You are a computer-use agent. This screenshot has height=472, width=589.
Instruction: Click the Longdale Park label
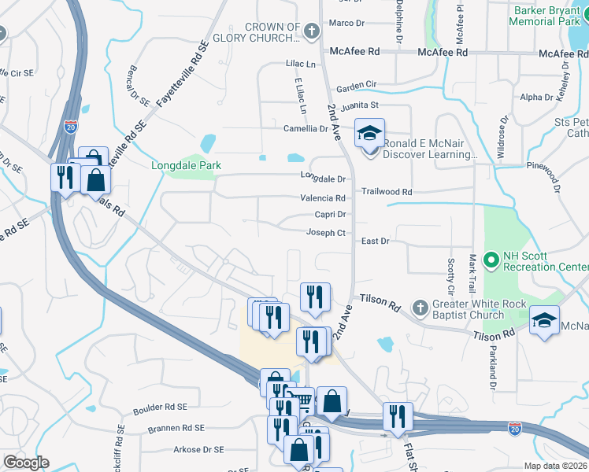(187, 165)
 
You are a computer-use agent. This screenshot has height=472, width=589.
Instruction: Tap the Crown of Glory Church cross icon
(311, 32)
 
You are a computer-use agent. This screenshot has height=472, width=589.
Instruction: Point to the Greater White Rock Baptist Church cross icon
(420, 306)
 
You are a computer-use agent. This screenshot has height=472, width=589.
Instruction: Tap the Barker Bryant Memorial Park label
(548, 16)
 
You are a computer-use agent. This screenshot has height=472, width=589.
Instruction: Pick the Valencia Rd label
(323, 198)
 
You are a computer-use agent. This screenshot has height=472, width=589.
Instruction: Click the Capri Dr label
(331, 214)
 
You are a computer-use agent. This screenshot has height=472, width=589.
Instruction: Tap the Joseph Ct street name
(326, 233)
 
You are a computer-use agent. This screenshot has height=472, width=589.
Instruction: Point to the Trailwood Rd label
(387, 192)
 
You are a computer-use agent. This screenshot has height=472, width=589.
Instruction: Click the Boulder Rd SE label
(160, 407)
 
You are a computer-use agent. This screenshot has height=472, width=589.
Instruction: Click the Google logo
(26, 463)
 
